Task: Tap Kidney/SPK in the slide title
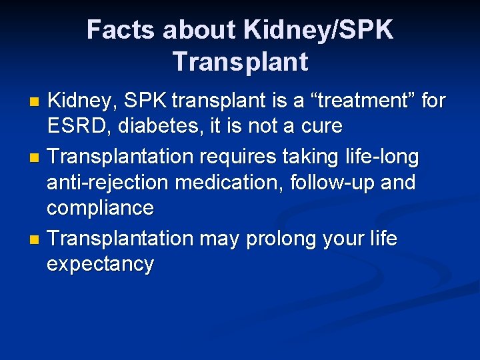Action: click(319, 30)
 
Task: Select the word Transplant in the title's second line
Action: click(240, 61)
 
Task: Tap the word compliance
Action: click(100, 207)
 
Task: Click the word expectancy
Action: click(100, 264)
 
